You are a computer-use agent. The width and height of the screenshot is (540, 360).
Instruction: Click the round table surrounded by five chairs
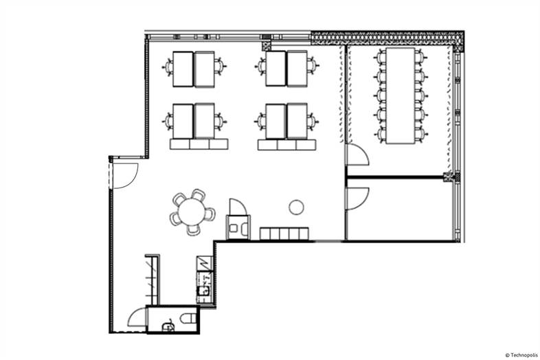click(x=192, y=212)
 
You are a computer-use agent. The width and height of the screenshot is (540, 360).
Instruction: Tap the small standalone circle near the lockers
click(x=296, y=207)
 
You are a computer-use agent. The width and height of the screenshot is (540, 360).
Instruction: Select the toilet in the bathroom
click(x=188, y=318)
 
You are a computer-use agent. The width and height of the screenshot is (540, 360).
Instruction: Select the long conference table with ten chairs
click(x=400, y=95)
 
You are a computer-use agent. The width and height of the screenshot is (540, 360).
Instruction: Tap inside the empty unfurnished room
click(x=399, y=210)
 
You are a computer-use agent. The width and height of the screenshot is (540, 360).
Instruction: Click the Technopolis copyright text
click(x=521, y=355)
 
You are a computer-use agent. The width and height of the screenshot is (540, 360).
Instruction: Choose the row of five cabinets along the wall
click(x=284, y=233)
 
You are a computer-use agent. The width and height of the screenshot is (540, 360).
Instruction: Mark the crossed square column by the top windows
click(x=267, y=46)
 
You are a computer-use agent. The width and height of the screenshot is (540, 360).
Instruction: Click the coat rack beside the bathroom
click(x=152, y=280)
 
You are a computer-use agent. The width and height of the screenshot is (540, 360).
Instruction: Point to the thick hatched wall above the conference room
click(x=387, y=38)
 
